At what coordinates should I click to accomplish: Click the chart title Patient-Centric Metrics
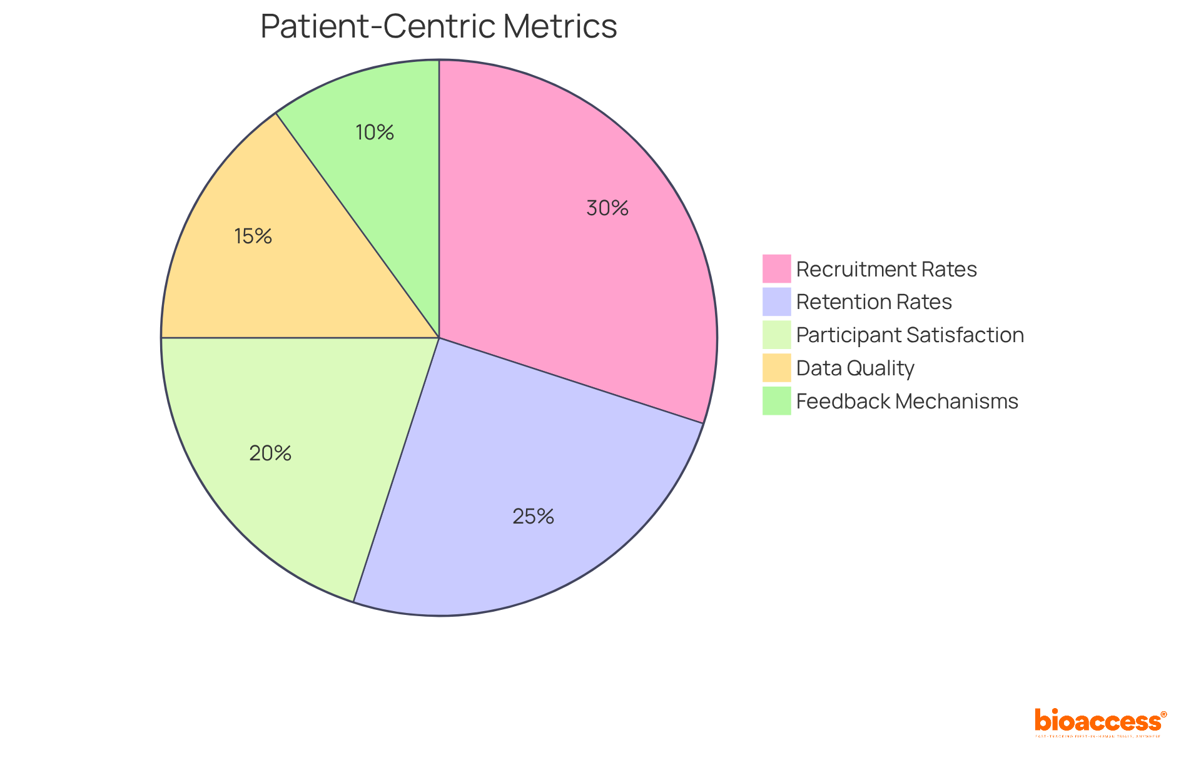pos(438,27)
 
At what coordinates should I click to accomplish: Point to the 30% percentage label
pos(607,208)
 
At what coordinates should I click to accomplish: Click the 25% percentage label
pos(533,517)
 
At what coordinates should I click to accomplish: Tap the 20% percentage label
pos(270,453)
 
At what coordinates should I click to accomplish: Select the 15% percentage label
pos(253,236)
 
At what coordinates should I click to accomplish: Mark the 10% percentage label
pos(375,133)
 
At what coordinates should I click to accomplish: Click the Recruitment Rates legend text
pos(886,270)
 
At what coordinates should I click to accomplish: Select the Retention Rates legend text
pos(873,302)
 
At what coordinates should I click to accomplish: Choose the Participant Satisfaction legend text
pos(910,335)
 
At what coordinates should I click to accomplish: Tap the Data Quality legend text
pos(854,368)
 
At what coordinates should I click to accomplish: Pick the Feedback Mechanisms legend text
pos(906,402)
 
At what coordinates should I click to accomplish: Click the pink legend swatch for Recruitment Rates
pos(776,269)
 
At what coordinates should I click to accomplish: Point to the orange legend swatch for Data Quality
pos(776,368)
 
